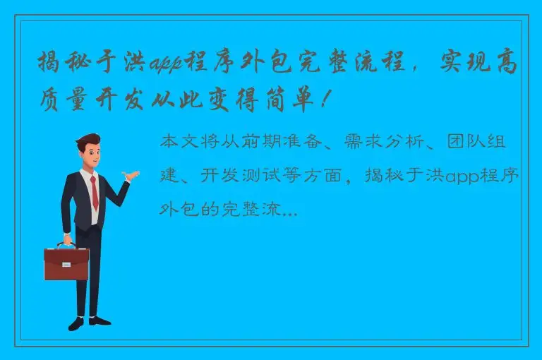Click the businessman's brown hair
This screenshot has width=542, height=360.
coord(87,142)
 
